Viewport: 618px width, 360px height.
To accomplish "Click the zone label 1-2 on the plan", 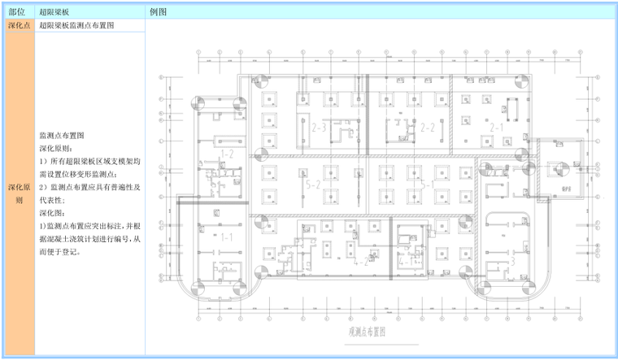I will pyautogui.click(x=227, y=153).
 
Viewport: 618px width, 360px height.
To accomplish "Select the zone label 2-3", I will pyautogui.click(x=319, y=128).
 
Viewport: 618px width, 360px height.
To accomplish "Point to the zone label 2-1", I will pyautogui.click(x=496, y=128).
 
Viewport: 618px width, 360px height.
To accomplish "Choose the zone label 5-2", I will pyautogui.click(x=313, y=185).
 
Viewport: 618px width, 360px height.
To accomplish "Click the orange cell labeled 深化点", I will pyautogui.click(x=19, y=26).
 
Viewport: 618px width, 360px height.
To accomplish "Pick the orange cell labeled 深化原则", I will pyautogui.click(x=19, y=193).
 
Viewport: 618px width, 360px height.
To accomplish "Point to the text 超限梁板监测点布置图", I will pyautogui.click(x=76, y=26).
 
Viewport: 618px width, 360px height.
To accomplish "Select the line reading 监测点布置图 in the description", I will pyautogui.click(x=63, y=136).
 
